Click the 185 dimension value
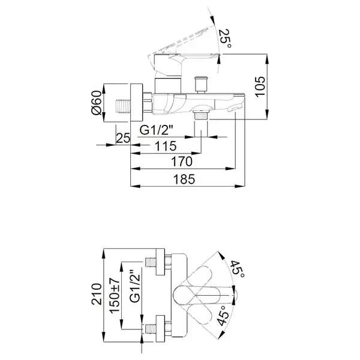pos(184,179)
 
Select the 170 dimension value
pos(182,161)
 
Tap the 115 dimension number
pos(166,146)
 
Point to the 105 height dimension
pos(260,87)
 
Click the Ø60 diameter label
pos(97,103)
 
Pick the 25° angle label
pos(224,38)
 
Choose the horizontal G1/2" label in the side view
pos(156,130)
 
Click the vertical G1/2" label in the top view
pos(135,286)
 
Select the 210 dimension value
pos(97,294)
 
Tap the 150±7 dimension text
pos(115,295)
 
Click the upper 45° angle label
pos(238,269)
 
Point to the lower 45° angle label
pos(223,315)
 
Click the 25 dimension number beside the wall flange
pos(123,138)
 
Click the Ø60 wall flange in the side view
pos(137,103)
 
